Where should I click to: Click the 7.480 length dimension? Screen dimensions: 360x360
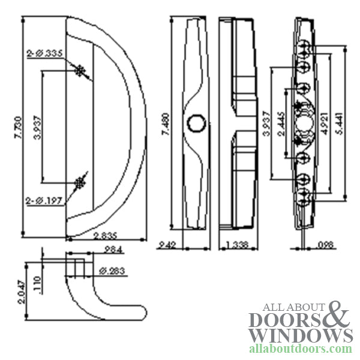tap(166, 126)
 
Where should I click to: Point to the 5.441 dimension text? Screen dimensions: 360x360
tap(340, 124)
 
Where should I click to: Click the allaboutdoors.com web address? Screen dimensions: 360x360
tap(300, 349)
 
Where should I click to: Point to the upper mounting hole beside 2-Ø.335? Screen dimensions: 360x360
tap(80, 70)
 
